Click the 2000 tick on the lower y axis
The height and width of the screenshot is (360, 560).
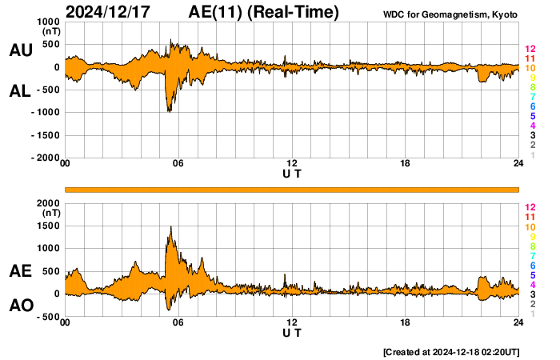coord(49,203)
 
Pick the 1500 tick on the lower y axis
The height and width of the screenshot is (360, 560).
coord(49,226)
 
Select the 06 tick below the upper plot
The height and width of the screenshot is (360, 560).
coord(178,164)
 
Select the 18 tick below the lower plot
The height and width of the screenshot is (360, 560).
coord(406,322)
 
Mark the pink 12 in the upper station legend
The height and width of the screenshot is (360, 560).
coord(530,49)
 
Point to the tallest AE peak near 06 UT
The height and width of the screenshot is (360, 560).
coord(171,227)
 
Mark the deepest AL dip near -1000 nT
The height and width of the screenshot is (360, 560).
coord(169,111)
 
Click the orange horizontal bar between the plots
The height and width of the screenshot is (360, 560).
coord(292,189)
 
